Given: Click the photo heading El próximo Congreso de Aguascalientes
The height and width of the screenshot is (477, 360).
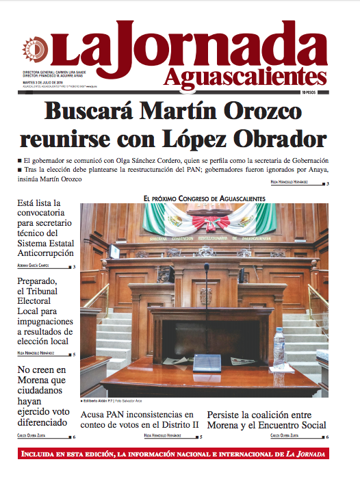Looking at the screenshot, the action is (x=205, y=198).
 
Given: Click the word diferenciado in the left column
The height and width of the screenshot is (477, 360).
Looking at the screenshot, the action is (x=42, y=422).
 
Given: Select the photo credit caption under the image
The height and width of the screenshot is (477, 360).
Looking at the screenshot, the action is (x=120, y=402).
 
